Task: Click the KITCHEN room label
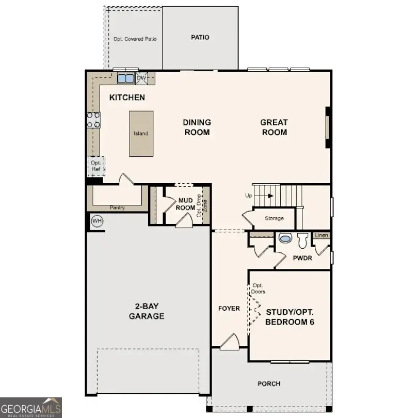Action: pos(127,98)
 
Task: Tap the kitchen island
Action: pos(141,133)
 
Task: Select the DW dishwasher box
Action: pos(141,78)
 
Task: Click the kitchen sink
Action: pos(125,78)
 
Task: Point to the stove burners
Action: pos(93,120)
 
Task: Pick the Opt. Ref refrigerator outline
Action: pos(95,166)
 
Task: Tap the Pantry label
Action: pos(117,207)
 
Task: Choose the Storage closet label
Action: pos(274,218)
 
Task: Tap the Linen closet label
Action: pos(321,236)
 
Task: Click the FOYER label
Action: pos(229,309)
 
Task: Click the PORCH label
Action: pos(269,383)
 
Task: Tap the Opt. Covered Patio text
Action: pos(135,39)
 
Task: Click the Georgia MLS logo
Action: pos(31,407)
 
